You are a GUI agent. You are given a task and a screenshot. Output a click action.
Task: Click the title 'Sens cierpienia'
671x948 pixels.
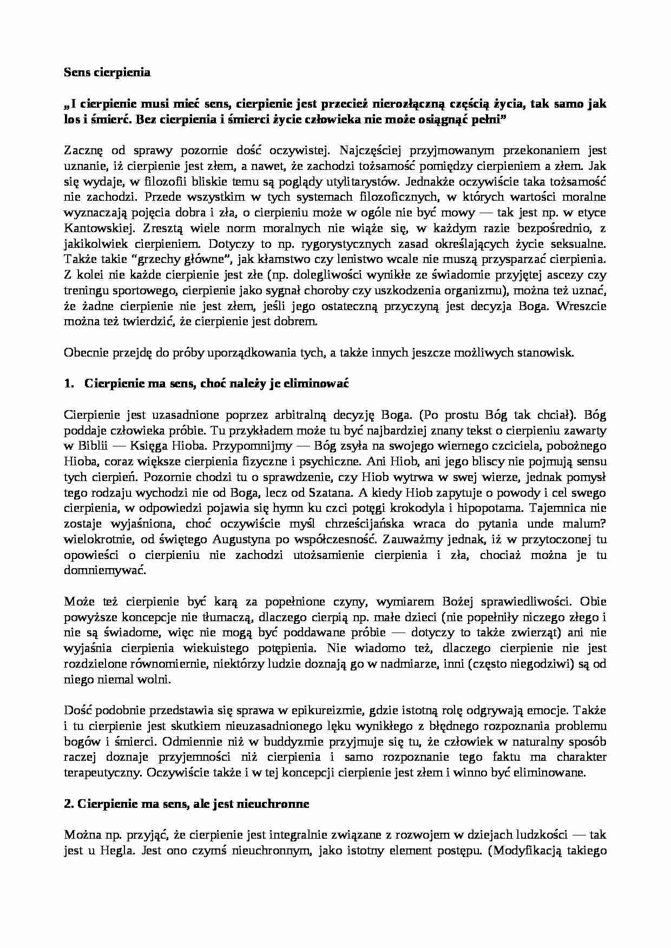tap(107, 73)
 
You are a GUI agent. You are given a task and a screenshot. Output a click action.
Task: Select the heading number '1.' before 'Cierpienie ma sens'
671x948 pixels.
tap(68, 384)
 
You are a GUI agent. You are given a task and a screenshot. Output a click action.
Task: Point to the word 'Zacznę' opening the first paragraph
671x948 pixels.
tap(82, 150)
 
